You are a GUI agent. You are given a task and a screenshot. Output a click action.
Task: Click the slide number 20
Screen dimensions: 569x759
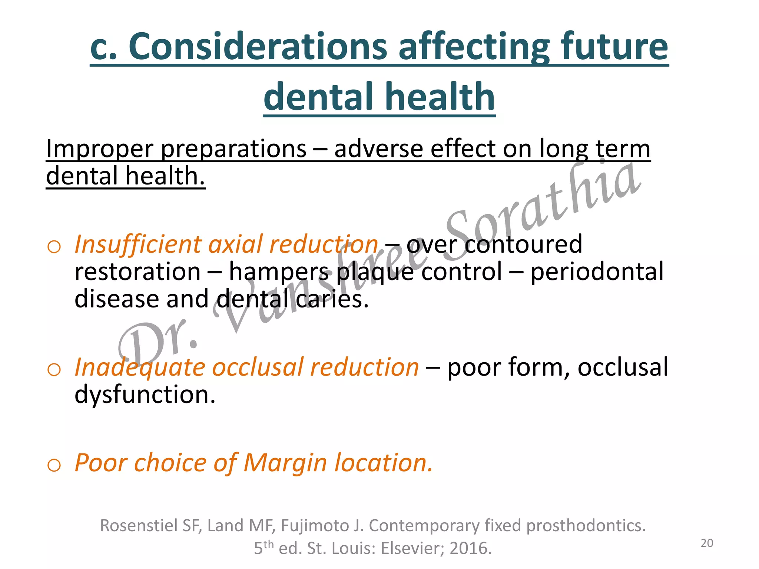tap(707, 543)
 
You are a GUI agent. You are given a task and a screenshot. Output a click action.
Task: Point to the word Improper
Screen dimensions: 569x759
tap(99, 149)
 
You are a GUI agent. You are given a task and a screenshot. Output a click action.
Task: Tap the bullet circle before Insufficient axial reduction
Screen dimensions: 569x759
tap(54, 247)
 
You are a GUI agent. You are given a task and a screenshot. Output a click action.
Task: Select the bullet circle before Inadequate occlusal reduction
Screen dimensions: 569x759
tap(54, 369)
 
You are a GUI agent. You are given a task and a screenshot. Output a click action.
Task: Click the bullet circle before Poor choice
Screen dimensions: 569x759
tap(54, 465)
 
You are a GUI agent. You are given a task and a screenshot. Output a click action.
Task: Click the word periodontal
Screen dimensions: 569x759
tap(597, 272)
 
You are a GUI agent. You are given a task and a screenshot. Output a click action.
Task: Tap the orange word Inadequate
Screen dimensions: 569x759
tap(140, 367)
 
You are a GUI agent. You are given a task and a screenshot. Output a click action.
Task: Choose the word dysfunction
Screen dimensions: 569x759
tap(145, 395)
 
